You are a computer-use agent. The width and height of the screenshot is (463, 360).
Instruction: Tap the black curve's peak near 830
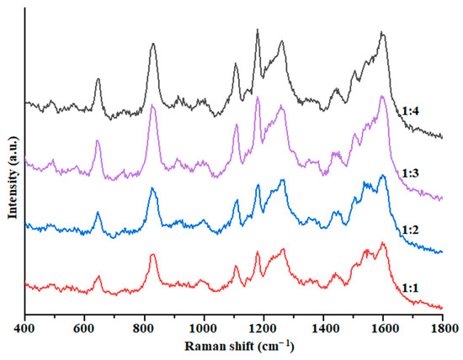tap(152, 45)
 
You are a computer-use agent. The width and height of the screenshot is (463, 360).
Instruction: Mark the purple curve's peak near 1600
tap(382, 96)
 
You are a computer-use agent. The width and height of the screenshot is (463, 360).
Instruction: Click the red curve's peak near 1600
tap(383, 243)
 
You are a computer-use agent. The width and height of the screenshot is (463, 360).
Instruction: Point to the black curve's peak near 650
tap(98, 80)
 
